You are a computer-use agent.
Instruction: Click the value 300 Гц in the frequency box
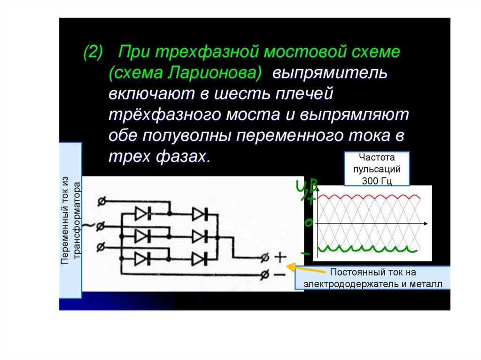click(x=377, y=179)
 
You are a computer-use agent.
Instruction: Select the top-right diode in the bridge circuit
click(x=199, y=214)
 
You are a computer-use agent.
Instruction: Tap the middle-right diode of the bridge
click(x=199, y=236)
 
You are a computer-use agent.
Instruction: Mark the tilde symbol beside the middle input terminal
click(x=87, y=226)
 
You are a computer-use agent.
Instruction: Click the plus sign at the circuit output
click(x=280, y=257)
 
